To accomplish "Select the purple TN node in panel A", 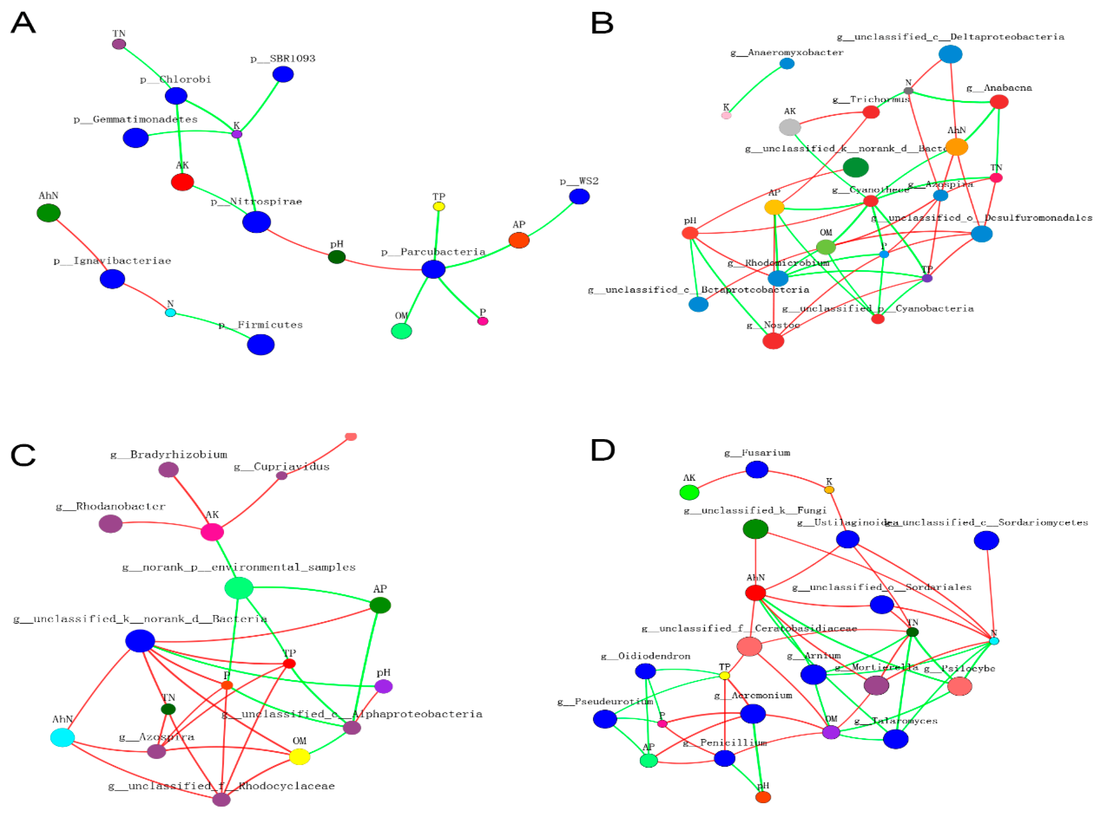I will point(119,44).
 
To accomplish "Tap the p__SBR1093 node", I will point(283,74).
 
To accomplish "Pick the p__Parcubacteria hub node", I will point(433,269).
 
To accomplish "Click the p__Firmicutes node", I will point(261,345).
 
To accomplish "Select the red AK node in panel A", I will point(182,182).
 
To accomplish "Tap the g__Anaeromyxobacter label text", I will point(787,52).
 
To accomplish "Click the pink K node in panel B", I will point(726,115).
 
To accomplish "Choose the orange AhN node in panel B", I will point(957,147).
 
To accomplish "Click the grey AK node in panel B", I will point(790,127).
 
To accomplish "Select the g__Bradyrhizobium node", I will point(169,470).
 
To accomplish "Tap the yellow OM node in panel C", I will point(299,756).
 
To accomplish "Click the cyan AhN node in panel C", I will point(63,738).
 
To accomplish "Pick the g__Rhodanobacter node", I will point(110,524).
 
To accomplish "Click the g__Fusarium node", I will point(757,470).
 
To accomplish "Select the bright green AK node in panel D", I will point(689,492).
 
